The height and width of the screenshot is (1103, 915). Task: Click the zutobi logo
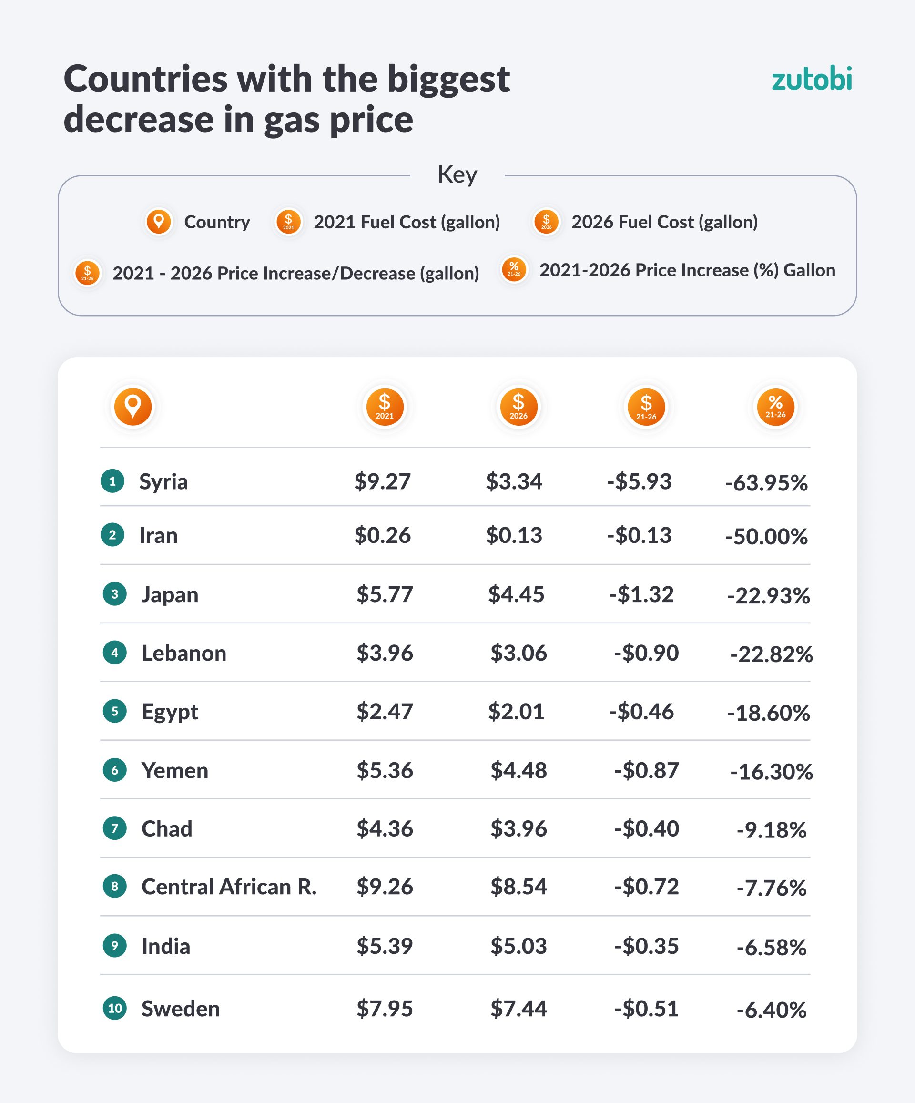(811, 79)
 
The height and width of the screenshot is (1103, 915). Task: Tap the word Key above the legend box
(457, 174)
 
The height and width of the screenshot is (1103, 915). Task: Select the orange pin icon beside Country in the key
(159, 222)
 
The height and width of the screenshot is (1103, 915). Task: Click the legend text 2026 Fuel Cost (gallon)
(664, 222)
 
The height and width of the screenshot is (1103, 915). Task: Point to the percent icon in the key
(514, 269)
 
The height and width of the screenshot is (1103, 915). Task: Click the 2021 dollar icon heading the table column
(385, 407)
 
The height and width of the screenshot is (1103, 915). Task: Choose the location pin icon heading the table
(133, 407)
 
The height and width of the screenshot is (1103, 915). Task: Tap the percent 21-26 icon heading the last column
(775, 407)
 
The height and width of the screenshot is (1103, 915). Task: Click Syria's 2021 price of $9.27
(382, 481)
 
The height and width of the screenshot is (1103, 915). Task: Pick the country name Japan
(170, 594)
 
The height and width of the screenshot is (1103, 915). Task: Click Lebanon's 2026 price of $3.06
(518, 654)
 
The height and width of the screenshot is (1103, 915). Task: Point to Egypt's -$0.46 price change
(641, 712)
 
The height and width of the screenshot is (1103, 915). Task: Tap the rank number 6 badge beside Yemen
(114, 770)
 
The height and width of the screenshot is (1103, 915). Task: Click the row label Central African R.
(229, 887)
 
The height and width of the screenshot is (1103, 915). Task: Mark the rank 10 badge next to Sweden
(114, 1008)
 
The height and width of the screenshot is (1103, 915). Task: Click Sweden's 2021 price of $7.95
(385, 1009)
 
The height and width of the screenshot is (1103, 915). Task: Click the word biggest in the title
(448, 79)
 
